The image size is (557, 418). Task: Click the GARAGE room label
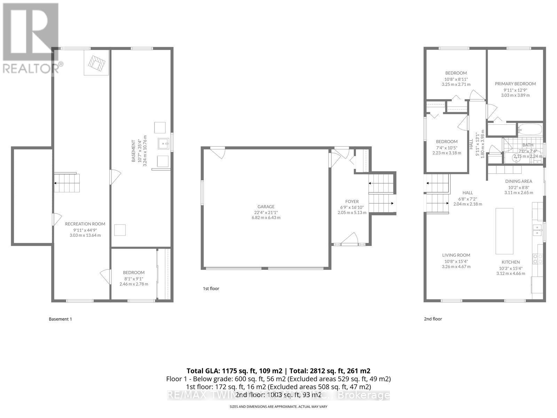(x=266, y=207)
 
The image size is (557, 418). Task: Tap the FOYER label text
(x=352, y=201)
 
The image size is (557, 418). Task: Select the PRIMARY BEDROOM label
(x=515, y=84)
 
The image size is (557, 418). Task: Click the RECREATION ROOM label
(x=85, y=224)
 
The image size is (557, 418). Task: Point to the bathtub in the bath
(x=530, y=130)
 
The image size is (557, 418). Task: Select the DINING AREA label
(x=518, y=181)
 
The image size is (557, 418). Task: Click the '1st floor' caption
(x=211, y=288)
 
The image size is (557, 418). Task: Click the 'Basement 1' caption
(x=60, y=319)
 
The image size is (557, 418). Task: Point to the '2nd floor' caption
(x=433, y=319)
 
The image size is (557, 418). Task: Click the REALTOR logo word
(x=31, y=68)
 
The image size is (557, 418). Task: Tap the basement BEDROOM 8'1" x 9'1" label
(x=134, y=272)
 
